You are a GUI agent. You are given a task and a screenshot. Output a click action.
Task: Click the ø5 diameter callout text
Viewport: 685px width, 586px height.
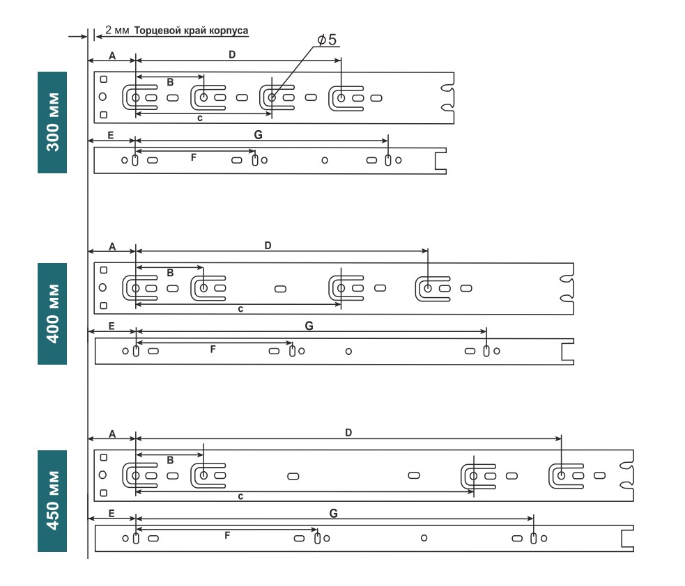click(x=326, y=40)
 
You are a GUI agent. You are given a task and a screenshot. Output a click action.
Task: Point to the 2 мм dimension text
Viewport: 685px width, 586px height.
click(x=117, y=31)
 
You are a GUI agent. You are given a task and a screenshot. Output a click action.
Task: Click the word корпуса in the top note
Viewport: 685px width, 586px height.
click(x=231, y=31)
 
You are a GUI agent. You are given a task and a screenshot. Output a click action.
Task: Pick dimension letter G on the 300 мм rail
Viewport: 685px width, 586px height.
click(x=259, y=135)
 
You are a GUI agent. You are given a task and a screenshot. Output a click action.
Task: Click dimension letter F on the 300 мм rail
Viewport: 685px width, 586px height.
click(x=193, y=158)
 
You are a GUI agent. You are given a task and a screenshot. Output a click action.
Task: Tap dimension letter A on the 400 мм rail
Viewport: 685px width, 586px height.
click(x=112, y=246)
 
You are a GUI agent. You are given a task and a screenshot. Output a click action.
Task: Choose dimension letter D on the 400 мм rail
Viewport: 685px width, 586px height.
click(x=268, y=246)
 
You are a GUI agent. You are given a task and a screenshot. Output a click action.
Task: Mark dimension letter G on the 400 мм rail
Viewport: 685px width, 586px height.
click(x=309, y=325)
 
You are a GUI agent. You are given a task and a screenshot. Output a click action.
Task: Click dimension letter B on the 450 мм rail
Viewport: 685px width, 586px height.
click(x=170, y=460)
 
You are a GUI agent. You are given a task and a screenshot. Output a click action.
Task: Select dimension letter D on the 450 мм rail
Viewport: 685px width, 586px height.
click(x=348, y=433)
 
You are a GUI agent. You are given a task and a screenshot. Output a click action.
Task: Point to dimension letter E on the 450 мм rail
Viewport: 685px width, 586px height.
click(x=111, y=512)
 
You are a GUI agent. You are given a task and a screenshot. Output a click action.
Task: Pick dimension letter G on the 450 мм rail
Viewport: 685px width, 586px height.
click(x=333, y=513)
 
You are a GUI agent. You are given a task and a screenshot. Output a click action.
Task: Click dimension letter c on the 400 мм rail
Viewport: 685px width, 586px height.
click(x=240, y=308)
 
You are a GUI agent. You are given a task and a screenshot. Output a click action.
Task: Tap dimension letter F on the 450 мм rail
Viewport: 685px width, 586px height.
click(x=226, y=535)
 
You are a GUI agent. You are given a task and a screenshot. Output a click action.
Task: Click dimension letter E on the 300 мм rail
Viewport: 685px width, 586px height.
click(x=111, y=135)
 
